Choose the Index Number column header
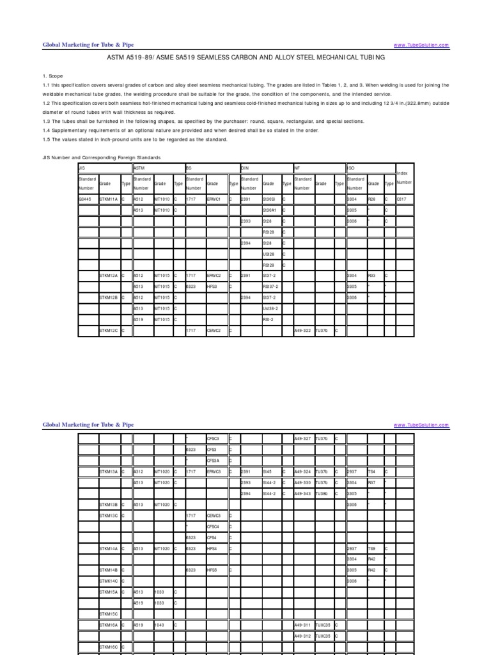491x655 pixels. click(x=405, y=178)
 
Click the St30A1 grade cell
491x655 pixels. click(x=272, y=210)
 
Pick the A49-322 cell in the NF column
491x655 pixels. click(x=303, y=330)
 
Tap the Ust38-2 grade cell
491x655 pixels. click(x=272, y=308)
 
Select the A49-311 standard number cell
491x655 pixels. click(x=303, y=624)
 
